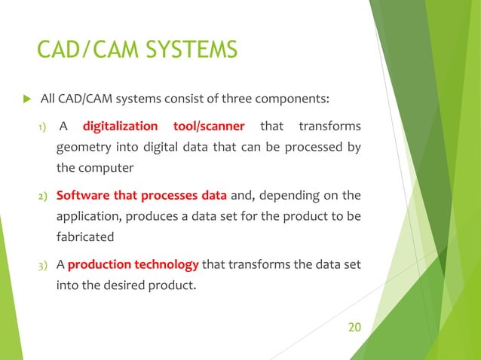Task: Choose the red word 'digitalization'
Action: coord(120,126)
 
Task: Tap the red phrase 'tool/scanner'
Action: coord(210,126)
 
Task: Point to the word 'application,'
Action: coord(90,217)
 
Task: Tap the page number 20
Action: coord(354,327)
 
